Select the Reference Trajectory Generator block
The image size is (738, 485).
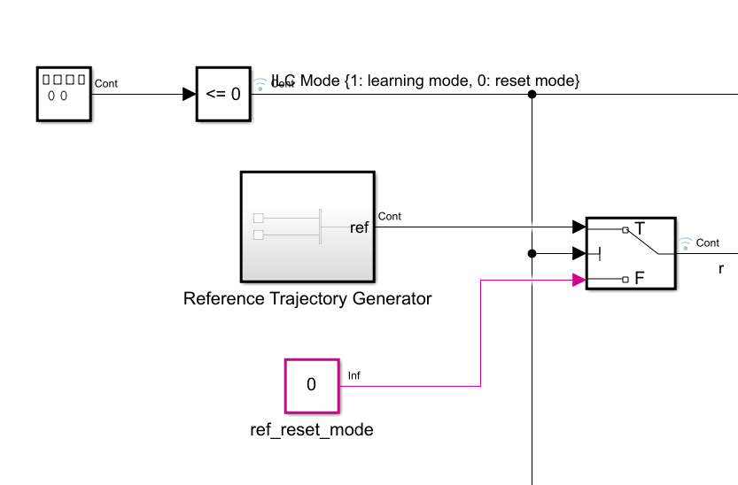pos(307,226)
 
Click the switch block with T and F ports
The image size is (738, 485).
pos(631,253)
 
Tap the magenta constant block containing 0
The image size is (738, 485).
pos(311,385)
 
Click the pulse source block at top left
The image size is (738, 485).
pos(64,93)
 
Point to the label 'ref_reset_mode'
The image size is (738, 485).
pos(311,430)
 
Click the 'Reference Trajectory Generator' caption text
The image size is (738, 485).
pos(307,298)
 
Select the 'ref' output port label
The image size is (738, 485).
pos(359,227)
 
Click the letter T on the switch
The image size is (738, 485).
pos(640,228)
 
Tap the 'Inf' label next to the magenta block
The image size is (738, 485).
pos(354,375)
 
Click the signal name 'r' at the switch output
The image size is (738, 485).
pos(721,268)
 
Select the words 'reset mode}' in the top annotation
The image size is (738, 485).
pos(541,81)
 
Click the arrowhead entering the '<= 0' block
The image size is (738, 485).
pos(189,94)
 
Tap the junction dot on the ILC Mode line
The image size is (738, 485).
pos(532,94)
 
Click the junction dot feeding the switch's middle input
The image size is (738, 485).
pos(532,254)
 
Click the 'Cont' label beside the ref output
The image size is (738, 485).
pos(390,216)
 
